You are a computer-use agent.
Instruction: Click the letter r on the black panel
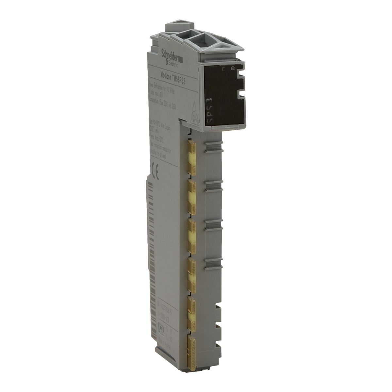tap(223, 69)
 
